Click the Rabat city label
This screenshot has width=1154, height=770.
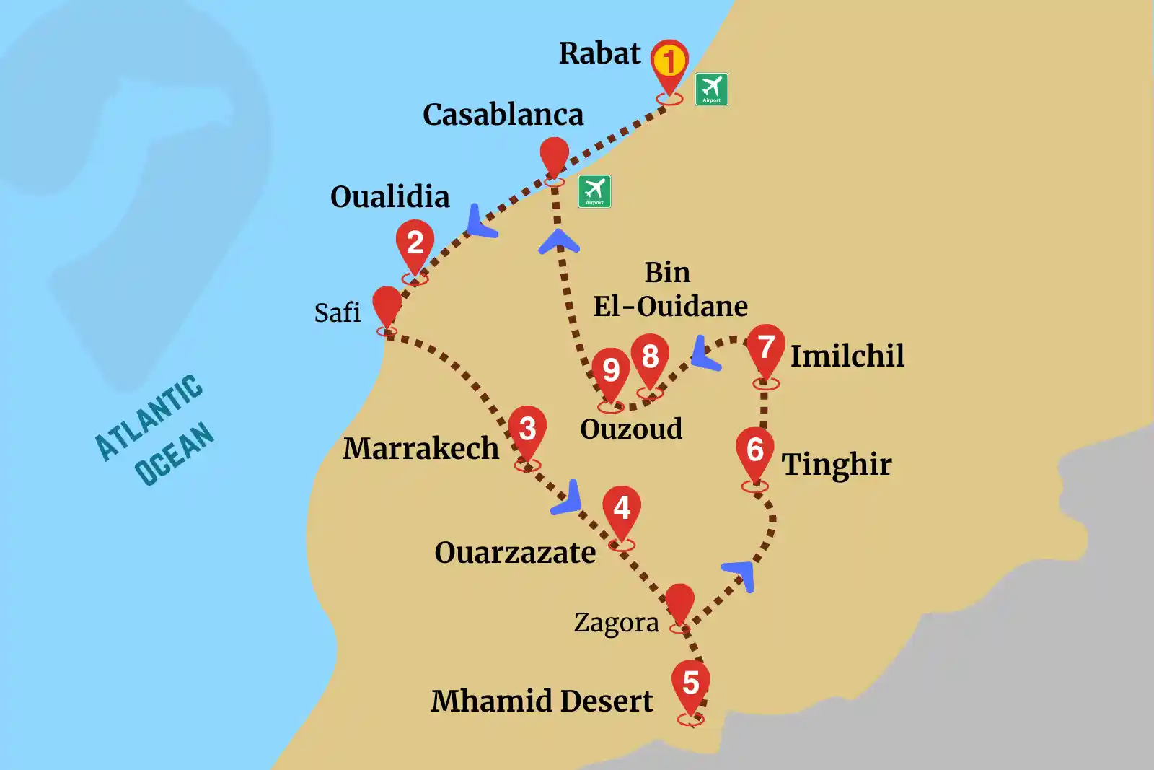point(599,53)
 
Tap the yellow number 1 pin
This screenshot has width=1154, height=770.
point(669,62)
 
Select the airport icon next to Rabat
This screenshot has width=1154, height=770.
point(711,89)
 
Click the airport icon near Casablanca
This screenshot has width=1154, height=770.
point(594,191)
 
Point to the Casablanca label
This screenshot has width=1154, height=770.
point(503,115)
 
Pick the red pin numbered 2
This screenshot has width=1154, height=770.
point(415,244)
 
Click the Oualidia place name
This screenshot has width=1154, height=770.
point(389,197)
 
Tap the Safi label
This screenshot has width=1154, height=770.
point(337,313)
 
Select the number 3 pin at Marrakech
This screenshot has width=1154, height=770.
point(527,430)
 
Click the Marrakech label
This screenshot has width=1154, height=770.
point(420,449)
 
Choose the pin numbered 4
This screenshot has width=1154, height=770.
point(622,509)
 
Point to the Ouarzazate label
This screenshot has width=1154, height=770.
point(515,554)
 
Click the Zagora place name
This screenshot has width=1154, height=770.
point(616,623)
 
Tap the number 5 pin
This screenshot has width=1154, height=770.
point(690,683)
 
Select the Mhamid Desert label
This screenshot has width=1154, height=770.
point(542,701)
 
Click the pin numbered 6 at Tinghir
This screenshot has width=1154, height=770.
point(754,451)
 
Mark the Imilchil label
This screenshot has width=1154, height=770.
point(847,356)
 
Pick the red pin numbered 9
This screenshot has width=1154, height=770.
point(611,372)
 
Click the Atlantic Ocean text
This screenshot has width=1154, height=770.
point(155,429)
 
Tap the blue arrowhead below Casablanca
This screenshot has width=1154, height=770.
point(559,242)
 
